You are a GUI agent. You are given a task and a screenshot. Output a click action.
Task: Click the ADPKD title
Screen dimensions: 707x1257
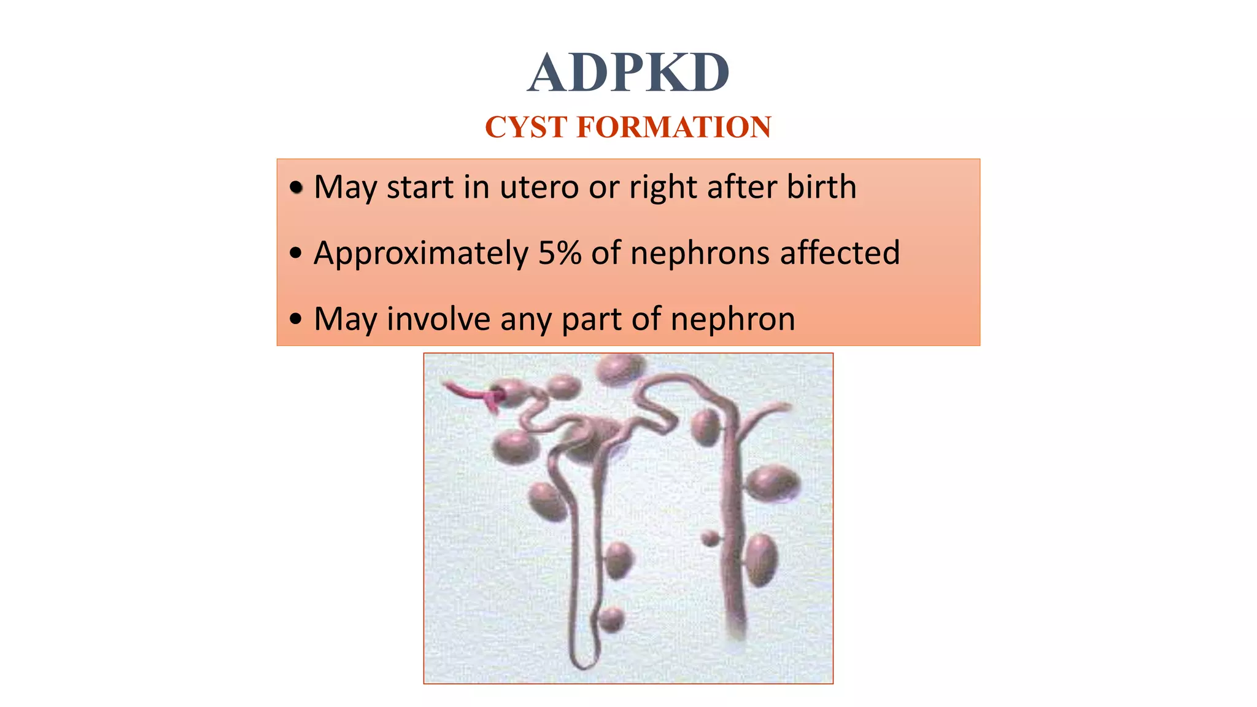pyautogui.click(x=628, y=73)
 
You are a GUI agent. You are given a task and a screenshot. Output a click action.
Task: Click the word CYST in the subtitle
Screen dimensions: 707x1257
pyautogui.click(x=525, y=127)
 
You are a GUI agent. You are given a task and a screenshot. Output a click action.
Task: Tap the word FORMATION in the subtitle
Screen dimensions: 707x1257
pyautogui.click(x=673, y=127)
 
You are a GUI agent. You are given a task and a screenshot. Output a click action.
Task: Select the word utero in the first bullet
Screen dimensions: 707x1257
pyautogui.click(x=540, y=187)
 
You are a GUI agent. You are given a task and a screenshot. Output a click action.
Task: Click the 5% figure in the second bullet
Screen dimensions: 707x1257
pyautogui.click(x=560, y=253)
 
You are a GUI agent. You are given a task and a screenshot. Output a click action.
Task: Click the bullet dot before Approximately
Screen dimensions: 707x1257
pyautogui.click(x=296, y=253)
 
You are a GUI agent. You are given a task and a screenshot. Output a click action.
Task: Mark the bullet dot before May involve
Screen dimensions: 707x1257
pyautogui.click(x=296, y=319)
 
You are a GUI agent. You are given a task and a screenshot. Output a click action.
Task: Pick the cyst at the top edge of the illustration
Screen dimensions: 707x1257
pyautogui.click(x=620, y=368)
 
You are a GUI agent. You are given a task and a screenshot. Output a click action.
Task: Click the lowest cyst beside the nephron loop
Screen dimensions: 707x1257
pyautogui.click(x=611, y=619)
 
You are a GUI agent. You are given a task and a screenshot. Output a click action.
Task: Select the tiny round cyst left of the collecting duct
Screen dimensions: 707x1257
pyautogui.click(x=710, y=538)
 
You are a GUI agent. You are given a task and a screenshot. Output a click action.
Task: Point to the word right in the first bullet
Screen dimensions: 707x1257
pyautogui.click(x=663, y=188)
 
